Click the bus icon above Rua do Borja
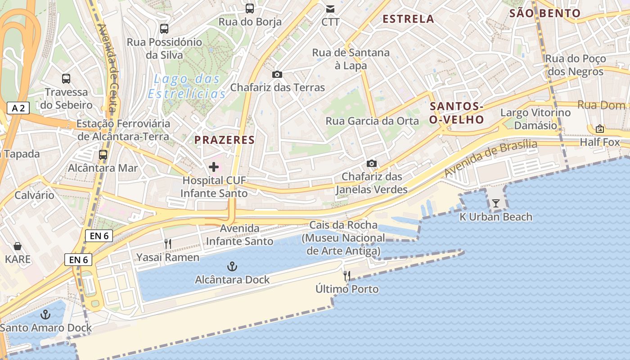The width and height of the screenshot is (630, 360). [x=249, y=8]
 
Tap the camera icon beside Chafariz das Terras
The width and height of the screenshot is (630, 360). [x=277, y=74]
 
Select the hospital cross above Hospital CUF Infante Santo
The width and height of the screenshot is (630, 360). [x=214, y=167]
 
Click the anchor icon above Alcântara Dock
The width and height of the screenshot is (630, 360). [x=232, y=266]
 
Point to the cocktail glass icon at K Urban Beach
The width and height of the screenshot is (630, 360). [x=495, y=203]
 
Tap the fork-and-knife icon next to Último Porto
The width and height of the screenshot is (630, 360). [x=347, y=275]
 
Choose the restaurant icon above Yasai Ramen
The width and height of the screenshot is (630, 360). [x=167, y=244]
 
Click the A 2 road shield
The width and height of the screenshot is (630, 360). [x=18, y=108]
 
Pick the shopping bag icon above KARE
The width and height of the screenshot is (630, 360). [x=18, y=246]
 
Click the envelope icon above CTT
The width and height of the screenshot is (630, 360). [x=330, y=9]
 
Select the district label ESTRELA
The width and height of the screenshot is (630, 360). [x=408, y=19]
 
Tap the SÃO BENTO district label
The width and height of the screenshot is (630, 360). [x=545, y=13]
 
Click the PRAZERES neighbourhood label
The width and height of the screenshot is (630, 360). [x=225, y=140]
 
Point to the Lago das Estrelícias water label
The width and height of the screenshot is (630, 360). [x=187, y=86]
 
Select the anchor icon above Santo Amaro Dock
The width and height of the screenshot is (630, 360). [x=45, y=314]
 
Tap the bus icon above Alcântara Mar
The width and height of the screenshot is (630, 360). [x=103, y=155]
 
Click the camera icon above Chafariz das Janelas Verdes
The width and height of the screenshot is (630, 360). [x=371, y=163]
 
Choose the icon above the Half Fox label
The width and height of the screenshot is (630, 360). [x=599, y=129]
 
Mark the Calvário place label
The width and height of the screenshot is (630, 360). [x=34, y=195]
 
